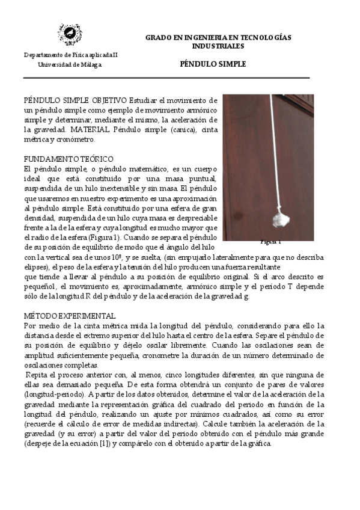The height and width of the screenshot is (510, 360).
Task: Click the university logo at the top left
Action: pyautogui.click(x=70, y=35)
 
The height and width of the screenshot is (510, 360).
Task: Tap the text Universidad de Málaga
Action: pyautogui.click(x=70, y=64)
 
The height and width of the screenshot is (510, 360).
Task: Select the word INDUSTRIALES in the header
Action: pyautogui.click(x=218, y=46)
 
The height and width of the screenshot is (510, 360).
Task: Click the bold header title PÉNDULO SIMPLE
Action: pyautogui.click(x=213, y=64)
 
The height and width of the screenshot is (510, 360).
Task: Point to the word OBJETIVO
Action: pyautogui.click(x=110, y=99)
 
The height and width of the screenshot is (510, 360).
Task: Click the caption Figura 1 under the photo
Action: pyautogui.click(x=270, y=242)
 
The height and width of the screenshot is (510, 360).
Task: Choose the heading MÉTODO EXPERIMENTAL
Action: pyautogui.click(x=70, y=315)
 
